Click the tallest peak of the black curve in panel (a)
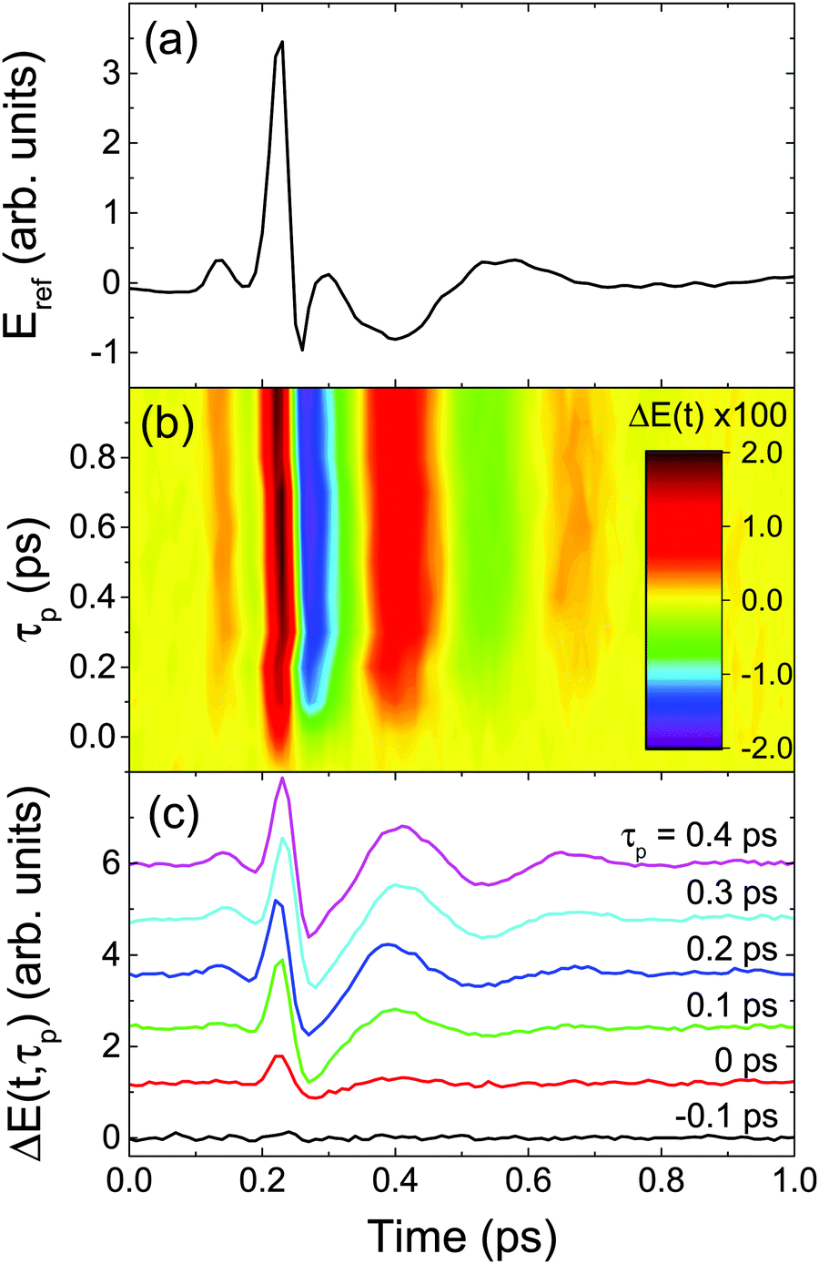pos(282,43)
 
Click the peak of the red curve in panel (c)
pos(278,1055)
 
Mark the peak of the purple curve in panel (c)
pos(283,779)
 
